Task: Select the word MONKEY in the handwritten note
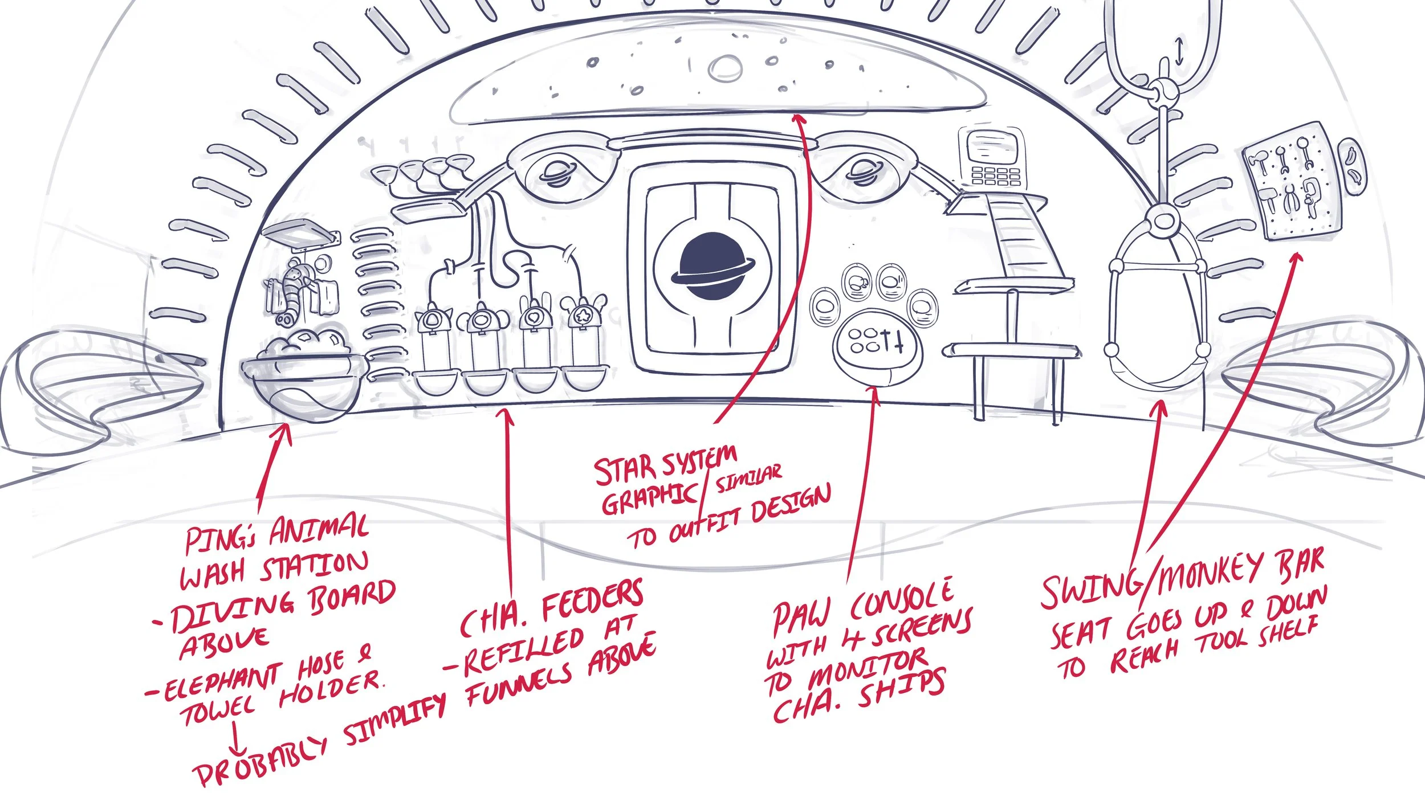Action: [1203, 576]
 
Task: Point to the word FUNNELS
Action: [519, 686]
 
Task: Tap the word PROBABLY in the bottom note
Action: [259, 758]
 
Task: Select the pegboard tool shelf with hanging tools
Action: [1291, 182]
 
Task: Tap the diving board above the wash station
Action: [299, 234]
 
